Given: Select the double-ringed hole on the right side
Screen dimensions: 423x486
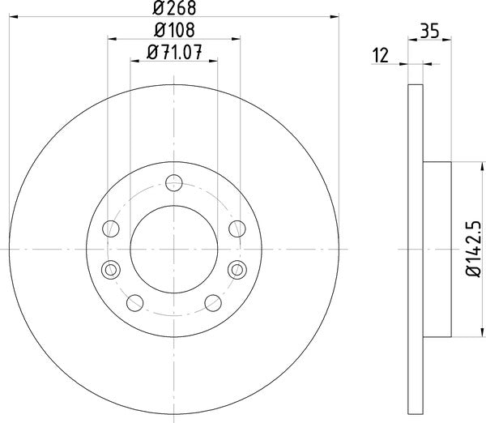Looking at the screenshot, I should tap(237, 268).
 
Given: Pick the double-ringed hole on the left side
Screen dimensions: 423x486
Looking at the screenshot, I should tap(110, 268).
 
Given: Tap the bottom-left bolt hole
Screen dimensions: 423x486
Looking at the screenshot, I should tap(134, 302).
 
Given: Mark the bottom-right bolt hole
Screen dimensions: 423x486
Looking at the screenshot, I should tap(213, 302).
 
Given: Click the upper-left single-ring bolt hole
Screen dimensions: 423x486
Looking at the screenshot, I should tap(111, 227).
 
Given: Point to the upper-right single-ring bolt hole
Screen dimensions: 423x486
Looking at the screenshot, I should tap(236, 227).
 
